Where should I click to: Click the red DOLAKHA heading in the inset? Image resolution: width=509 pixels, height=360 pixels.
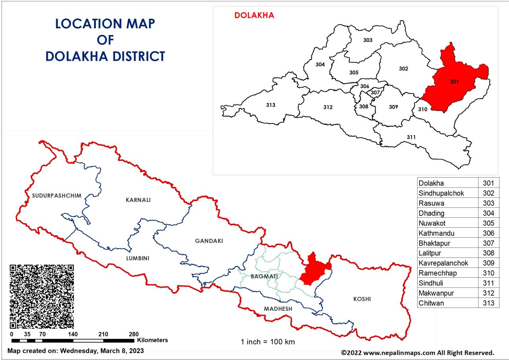[x=254, y=15]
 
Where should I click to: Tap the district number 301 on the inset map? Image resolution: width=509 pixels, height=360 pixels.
[x=455, y=81]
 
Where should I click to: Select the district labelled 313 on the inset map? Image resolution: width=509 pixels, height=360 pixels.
[x=270, y=105]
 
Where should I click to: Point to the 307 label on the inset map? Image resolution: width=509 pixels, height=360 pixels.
[x=375, y=93]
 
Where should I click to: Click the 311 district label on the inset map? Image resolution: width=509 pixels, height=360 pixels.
[x=411, y=137]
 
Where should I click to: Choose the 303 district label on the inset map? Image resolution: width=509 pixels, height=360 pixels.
[x=368, y=40]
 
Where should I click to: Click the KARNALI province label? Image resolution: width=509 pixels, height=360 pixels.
[x=138, y=200]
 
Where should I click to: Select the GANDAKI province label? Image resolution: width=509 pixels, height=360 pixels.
[x=209, y=241]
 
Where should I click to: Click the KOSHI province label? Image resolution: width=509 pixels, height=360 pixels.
[x=362, y=299]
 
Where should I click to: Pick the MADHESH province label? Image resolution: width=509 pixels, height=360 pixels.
[x=278, y=309]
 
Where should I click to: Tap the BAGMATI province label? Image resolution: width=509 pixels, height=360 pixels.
[x=264, y=276]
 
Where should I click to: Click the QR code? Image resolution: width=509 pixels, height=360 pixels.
[x=42, y=296]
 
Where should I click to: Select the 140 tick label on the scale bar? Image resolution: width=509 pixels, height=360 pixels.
[x=73, y=334]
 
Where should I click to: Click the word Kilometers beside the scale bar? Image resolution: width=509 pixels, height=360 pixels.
[x=152, y=340]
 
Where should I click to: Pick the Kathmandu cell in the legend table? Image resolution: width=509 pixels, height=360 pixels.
[x=436, y=233]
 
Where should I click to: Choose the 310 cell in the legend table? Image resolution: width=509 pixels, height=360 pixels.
[x=488, y=273]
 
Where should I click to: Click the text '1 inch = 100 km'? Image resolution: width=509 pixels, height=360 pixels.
[x=268, y=342]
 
